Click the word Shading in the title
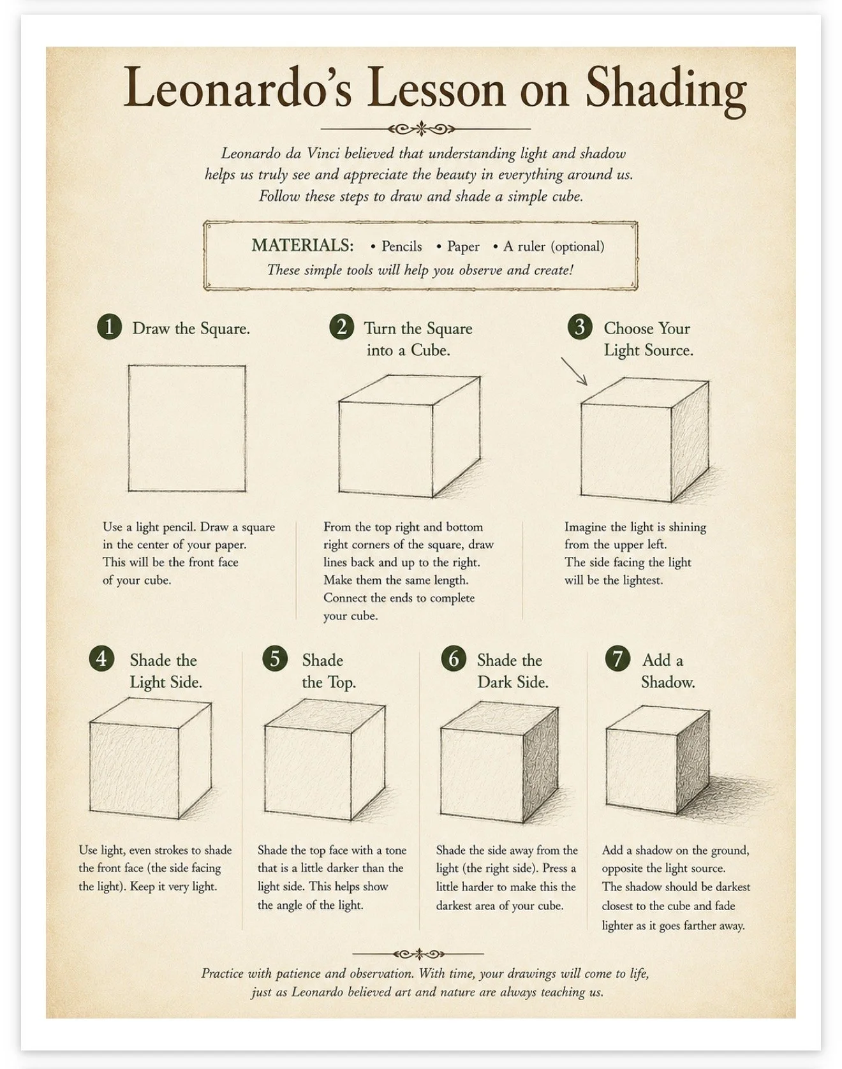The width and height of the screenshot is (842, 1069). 666,89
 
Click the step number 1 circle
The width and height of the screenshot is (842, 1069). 109,327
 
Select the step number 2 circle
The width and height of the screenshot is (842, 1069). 342,327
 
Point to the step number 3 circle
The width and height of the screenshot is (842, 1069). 580,327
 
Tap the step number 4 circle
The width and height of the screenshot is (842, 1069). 101,658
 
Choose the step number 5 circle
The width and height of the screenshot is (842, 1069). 275,658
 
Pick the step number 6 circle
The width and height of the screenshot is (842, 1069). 454,658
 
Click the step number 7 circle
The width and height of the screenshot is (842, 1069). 617,658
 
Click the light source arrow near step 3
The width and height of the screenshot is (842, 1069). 574,371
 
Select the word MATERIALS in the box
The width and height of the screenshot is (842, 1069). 302,246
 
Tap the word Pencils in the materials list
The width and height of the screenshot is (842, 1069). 401,247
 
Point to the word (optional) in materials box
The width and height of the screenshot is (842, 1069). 577,247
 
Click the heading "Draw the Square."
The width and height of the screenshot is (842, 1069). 191,328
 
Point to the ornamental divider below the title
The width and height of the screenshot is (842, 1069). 421,129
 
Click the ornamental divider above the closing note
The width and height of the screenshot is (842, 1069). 418,954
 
